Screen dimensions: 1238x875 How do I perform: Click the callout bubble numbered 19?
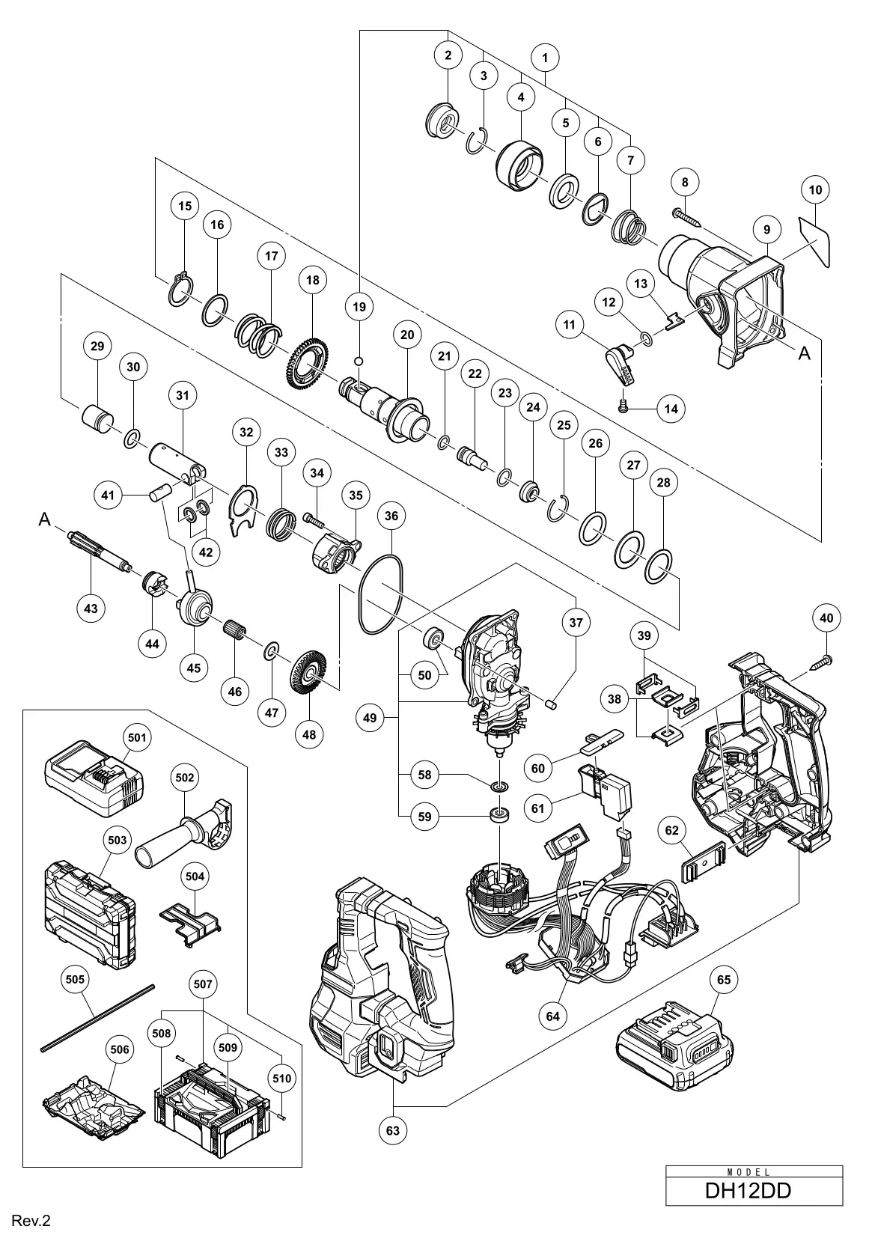coord(359,306)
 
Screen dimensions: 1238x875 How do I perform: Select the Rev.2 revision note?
coord(31,1222)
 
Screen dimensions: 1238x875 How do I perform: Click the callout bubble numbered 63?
coord(393,1151)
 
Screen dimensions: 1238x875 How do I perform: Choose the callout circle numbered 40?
coord(826,618)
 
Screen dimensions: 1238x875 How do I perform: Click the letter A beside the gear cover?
coord(804,353)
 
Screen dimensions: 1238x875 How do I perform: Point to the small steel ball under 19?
coord(359,362)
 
